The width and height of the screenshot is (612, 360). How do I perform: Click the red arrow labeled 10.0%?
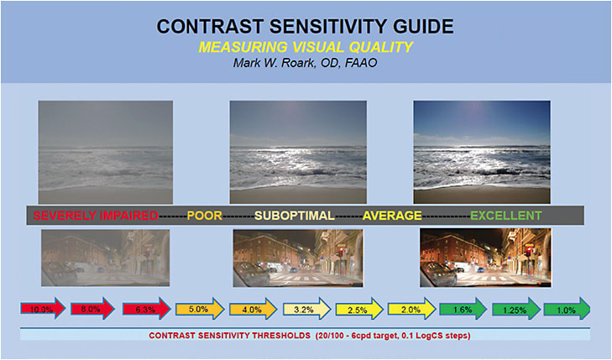point(42,309)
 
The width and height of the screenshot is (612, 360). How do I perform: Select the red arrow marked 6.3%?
point(146,309)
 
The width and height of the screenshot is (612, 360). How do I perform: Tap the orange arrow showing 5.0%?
point(200,309)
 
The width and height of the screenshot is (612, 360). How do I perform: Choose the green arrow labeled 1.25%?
point(514,309)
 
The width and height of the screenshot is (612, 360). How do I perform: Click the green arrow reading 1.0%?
point(567,309)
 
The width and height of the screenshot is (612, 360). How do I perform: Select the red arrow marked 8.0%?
point(93,309)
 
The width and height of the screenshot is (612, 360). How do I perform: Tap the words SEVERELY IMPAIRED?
point(96,216)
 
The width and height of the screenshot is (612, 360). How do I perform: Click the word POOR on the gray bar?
point(204,216)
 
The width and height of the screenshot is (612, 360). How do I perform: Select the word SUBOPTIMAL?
point(294,216)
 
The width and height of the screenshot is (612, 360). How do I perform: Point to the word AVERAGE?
point(392,216)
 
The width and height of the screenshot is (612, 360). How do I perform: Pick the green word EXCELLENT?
point(505,216)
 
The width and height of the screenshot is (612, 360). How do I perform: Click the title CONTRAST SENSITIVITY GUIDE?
point(306,27)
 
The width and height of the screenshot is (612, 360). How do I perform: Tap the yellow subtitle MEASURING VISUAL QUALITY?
point(306,48)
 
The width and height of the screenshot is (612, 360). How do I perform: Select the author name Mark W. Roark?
point(306,65)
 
